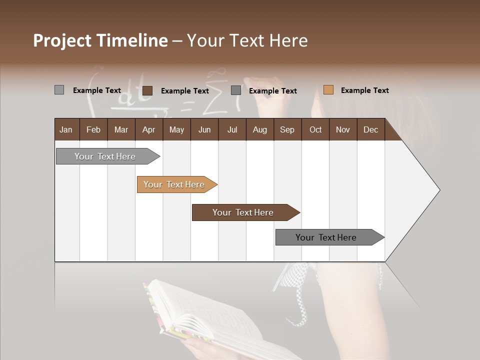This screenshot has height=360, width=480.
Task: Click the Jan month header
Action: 66,129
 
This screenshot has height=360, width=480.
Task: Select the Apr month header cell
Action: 148,129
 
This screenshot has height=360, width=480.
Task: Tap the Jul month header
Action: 232,129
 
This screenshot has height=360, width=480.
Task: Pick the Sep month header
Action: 287,129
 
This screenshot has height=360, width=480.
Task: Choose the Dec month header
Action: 370,129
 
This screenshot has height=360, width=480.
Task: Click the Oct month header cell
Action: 315,129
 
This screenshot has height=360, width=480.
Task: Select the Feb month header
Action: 93,129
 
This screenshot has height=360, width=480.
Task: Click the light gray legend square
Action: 59,90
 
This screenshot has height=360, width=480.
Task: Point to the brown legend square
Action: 147,90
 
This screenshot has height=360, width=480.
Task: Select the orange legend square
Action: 328,90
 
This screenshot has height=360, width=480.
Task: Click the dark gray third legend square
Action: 236,90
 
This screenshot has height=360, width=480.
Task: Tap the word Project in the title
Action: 61,40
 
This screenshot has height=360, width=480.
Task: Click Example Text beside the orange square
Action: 364,90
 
